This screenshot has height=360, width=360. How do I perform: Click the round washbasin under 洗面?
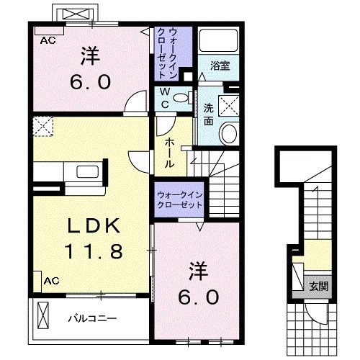pyautogui.click(x=230, y=133)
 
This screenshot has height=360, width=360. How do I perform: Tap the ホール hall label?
pyautogui.click(x=169, y=152)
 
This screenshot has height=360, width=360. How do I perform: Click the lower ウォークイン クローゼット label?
pyautogui.click(x=179, y=199)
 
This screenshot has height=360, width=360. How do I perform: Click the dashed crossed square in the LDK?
pyautogui.click(x=44, y=127)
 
